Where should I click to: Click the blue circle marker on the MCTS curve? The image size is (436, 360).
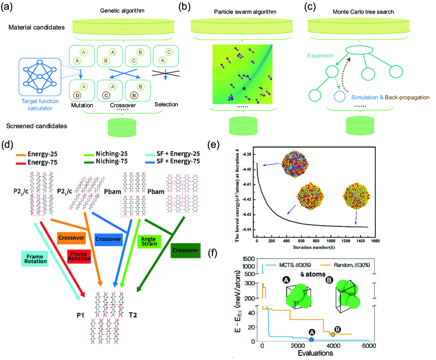pyautogui.click(x=312, y=340)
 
